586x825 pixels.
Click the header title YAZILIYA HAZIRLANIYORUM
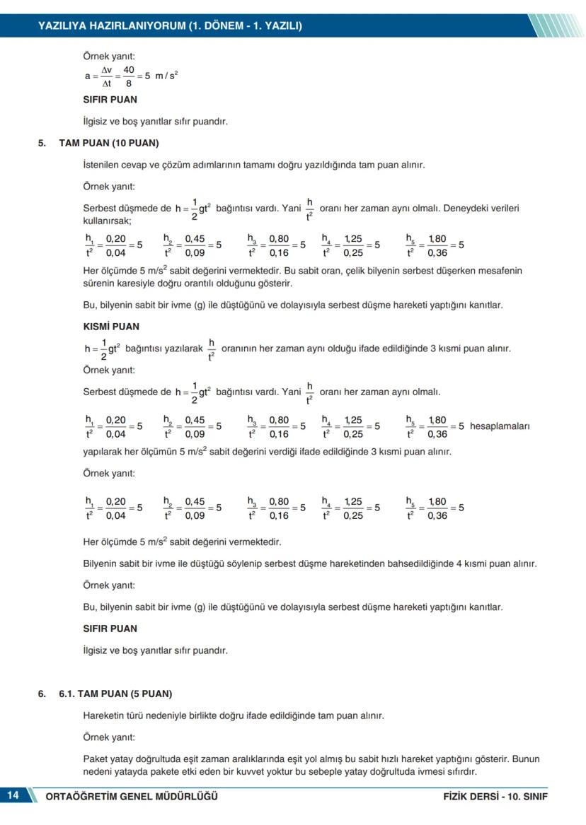point(113,26)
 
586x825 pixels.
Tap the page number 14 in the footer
point(13,795)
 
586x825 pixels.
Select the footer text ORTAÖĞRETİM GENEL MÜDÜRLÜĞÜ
point(131,797)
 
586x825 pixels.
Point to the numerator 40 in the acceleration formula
point(129,69)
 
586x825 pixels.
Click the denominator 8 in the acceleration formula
point(129,83)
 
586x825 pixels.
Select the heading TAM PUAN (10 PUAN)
point(109,143)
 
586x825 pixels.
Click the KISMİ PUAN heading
point(111,327)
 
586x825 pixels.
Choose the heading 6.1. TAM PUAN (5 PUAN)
point(115,694)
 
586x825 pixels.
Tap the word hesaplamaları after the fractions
point(500,426)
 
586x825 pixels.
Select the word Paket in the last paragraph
point(95,759)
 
